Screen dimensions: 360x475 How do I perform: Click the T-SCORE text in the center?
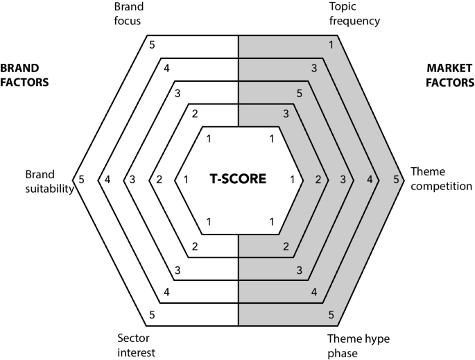(x=238, y=179)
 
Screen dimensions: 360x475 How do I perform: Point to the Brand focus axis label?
(x=128, y=14)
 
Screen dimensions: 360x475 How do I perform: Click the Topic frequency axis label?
(x=354, y=14)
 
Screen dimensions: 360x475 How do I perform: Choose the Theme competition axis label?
(x=441, y=179)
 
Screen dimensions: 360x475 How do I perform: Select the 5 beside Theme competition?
(x=396, y=180)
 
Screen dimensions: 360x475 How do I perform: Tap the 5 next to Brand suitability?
(x=81, y=180)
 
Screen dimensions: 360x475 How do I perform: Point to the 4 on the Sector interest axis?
(x=167, y=293)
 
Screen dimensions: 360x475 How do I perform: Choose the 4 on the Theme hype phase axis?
(x=314, y=293)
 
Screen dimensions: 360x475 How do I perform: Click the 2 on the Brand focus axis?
(x=195, y=114)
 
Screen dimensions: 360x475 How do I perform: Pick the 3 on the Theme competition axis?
(x=343, y=180)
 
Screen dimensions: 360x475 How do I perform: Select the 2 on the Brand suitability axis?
(x=159, y=180)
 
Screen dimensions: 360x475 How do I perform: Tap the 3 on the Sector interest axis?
(x=178, y=270)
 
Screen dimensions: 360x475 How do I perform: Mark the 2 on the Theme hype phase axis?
(x=285, y=247)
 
